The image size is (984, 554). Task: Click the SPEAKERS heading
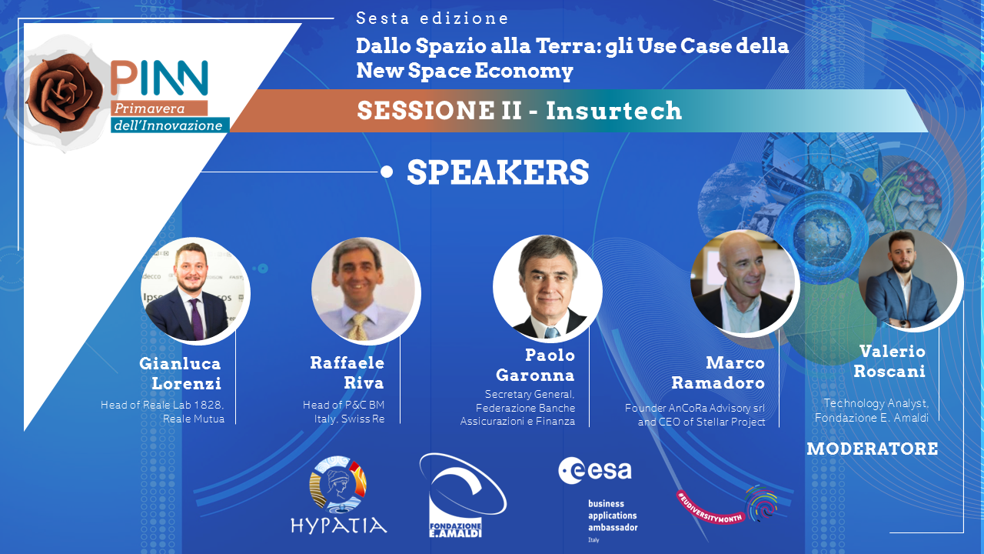(497, 172)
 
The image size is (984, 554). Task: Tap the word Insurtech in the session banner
(613, 110)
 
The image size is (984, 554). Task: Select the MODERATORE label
(873, 449)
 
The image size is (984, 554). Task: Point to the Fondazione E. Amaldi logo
(462, 495)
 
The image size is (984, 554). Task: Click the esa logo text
(595, 470)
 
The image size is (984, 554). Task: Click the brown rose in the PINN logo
(64, 93)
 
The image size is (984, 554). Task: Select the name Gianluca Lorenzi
(180, 373)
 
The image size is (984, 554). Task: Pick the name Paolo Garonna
(536, 365)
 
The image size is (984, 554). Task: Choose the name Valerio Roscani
(889, 361)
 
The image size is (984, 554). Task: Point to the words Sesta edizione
(432, 18)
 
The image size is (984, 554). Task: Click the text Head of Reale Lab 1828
(162, 405)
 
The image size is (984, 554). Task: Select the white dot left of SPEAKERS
(387, 172)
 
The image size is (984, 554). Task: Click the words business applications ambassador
(613, 516)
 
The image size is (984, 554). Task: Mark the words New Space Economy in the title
(464, 71)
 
